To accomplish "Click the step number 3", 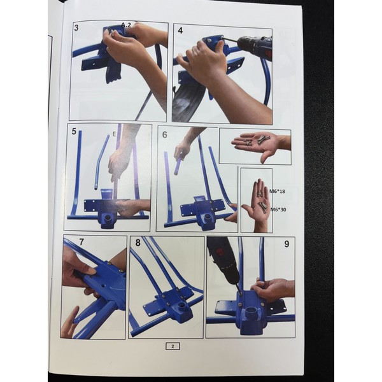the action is coord(76,28).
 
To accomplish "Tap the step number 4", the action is coord(180,31).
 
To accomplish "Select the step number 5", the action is coord(74,132).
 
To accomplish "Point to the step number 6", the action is coord(165,135).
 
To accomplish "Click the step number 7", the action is coord(81,242).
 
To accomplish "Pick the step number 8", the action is coord(138,243).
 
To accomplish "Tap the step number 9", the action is coord(286,244).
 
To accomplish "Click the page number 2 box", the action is coord(173,346).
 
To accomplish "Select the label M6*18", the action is coord(277,191).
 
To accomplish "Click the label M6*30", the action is coord(278,209).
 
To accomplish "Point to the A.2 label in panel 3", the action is coord(126,25).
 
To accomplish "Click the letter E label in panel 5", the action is coord(114,134).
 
